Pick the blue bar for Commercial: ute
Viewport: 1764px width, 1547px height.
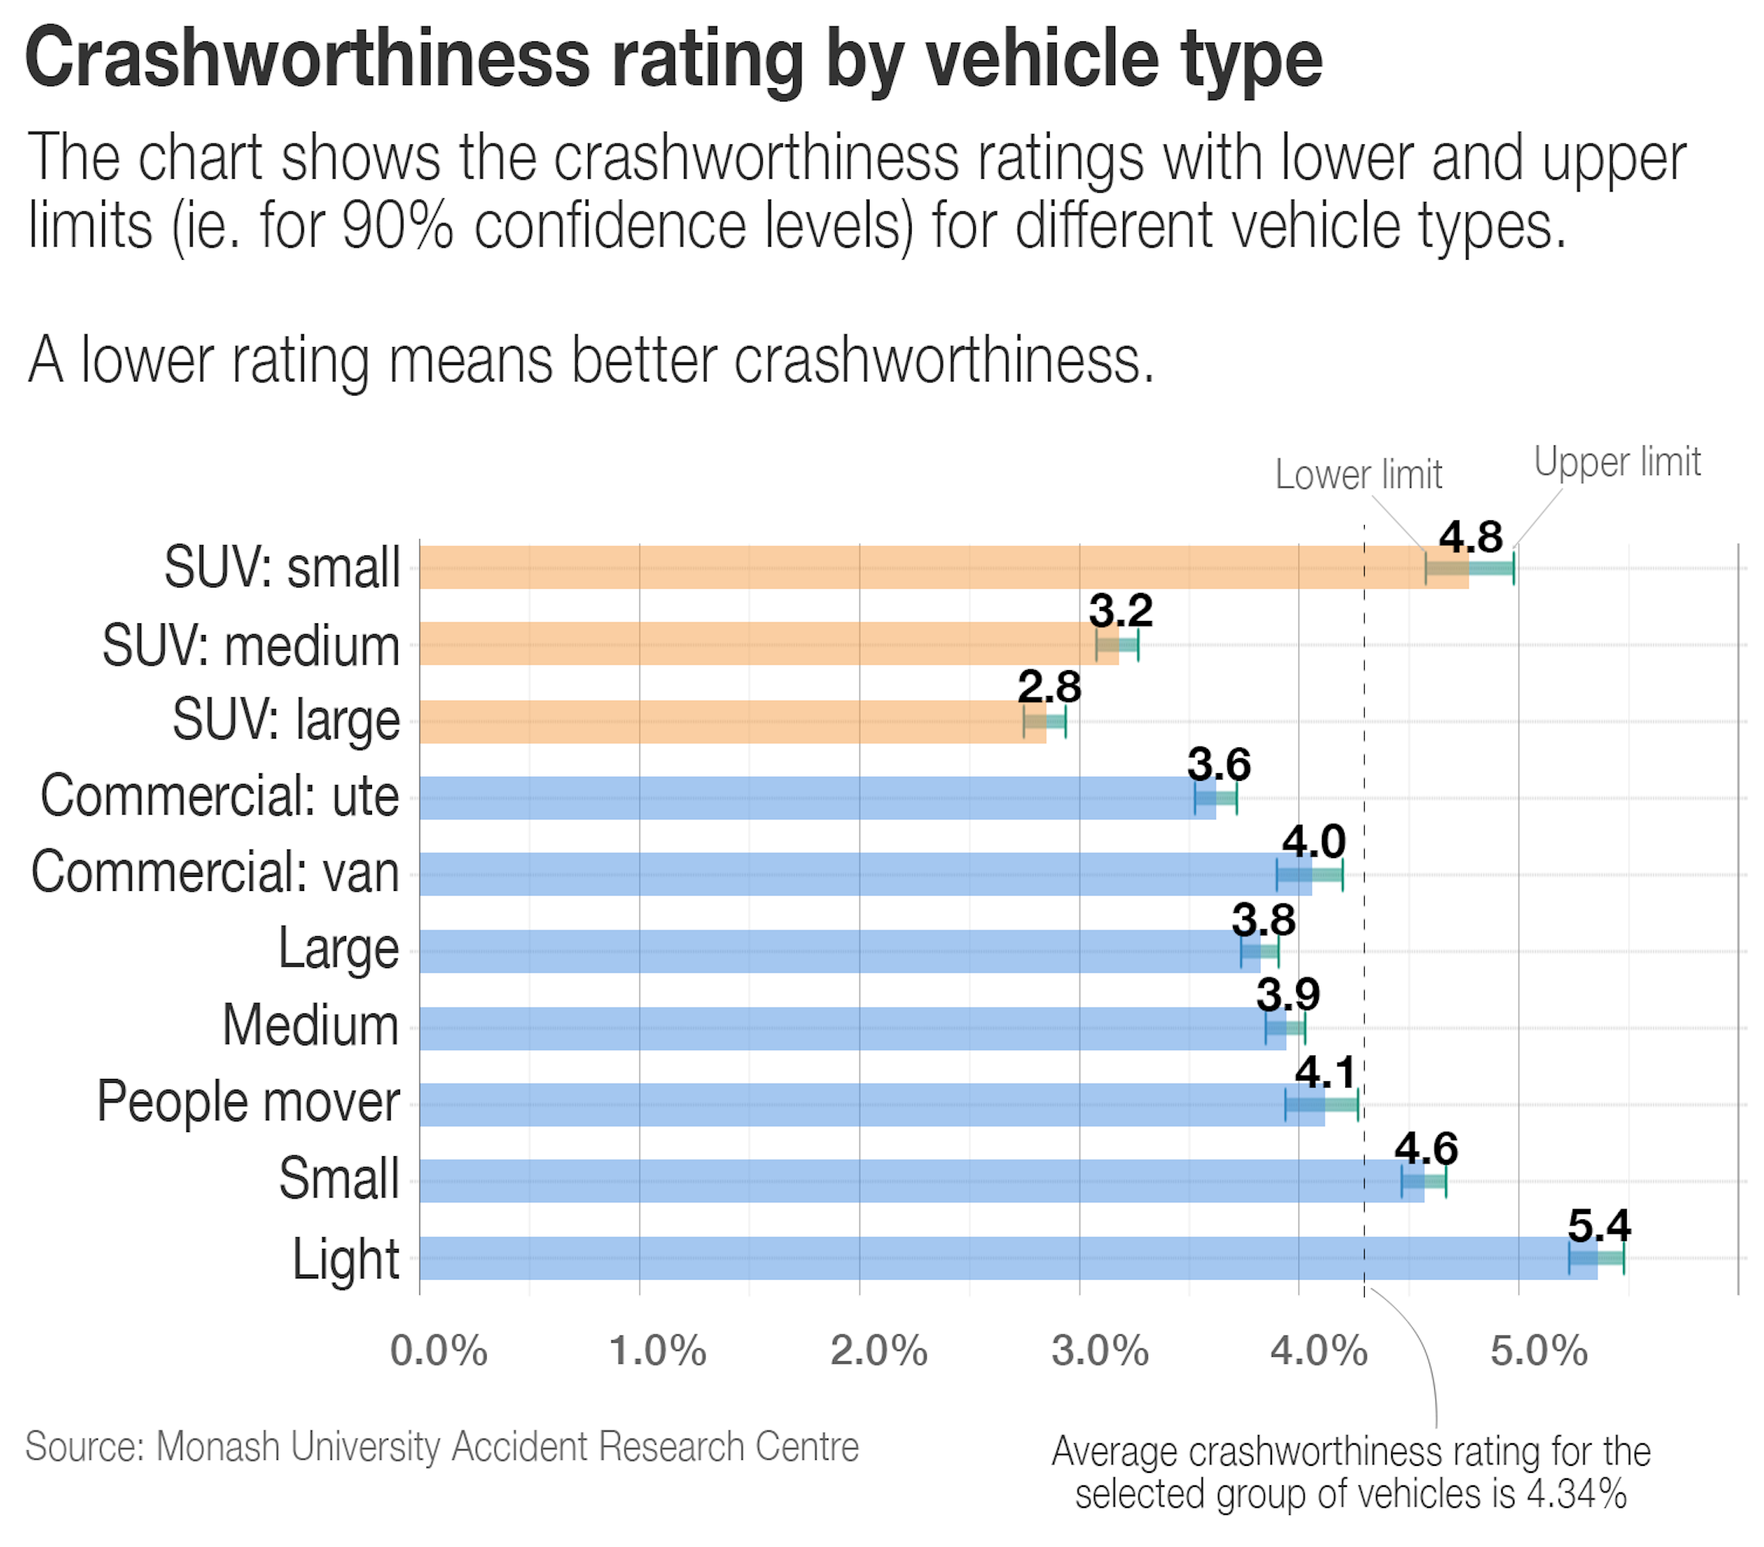pyautogui.click(x=816, y=797)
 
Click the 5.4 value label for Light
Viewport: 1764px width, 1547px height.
pyautogui.click(x=1599, y=1225)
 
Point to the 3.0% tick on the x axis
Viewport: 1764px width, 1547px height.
pyautogui.click(x=1100, y=1351)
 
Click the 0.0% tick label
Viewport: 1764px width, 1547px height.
pyautogui.click(x=438, y=1351)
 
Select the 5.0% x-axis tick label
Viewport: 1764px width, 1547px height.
pyautogui.click(x=1539, y=1351)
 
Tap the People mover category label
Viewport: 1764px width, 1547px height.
pyautogui.click(x=248, y=1102)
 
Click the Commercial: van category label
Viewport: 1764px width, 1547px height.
pyautogui.click(x=215, y=872)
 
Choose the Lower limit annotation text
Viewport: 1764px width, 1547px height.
pyautogui.click(x=1358, y=475)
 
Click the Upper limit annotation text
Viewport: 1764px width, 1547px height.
pyautogui.click(x=1617, y=462)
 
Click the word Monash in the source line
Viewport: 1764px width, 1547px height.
pyautogui.click(x=218, y=1447)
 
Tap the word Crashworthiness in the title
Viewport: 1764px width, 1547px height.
pyautogui.click(x=307, y=59)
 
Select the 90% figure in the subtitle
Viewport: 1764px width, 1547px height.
pyautogui.click(x=397, y=226)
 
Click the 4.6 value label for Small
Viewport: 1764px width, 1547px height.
pyautogui.click(x=1426, y=1148)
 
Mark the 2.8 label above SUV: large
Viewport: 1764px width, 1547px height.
pyautogui.click(x=1049, y=687)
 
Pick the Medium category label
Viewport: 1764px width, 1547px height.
pyautogui.click(x=310, y=1026)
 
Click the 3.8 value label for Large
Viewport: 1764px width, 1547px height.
pyautogui.click(x=1263, y=920)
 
